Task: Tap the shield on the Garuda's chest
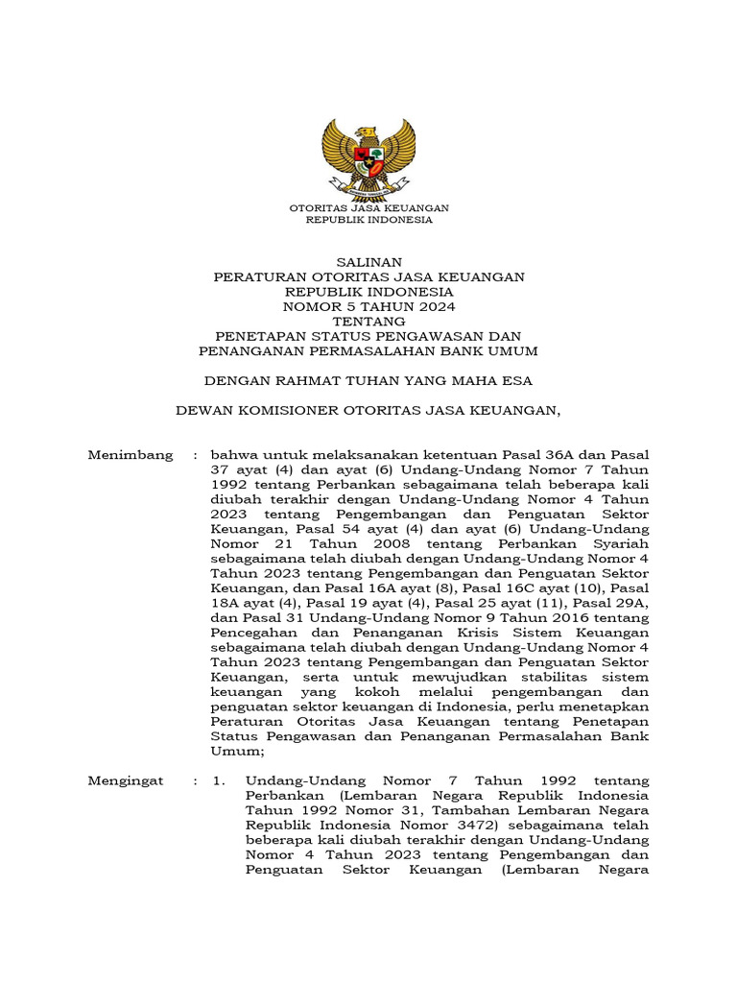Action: click(x=368, y=153)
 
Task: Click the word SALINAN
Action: click(x=368, y=261)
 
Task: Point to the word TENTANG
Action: click(x=368, y=321)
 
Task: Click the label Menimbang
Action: click(x=131, y=454)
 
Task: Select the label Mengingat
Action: click(x=126, y=780)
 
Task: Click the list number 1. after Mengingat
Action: click(x=220, y=780)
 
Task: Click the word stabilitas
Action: click(x=559, y=678)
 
